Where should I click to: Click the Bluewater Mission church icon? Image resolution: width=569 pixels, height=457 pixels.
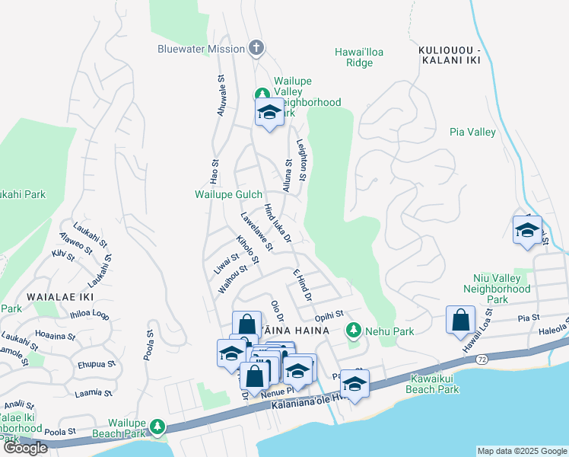point(256,49)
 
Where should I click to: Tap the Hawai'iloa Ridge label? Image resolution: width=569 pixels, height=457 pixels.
point(354,57)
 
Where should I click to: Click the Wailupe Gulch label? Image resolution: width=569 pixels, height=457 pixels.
point(228,195)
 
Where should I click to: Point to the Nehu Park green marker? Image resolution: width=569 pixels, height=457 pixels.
point(353,331)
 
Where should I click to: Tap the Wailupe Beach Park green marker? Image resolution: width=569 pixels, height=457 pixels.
point(157,427)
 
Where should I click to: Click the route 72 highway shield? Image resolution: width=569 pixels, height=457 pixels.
point(483,357)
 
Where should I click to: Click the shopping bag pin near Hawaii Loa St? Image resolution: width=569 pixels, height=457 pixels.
point(461,321)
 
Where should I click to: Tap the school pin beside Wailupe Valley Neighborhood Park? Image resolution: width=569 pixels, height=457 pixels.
point(269,113)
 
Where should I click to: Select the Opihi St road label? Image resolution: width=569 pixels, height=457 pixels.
point(329,314)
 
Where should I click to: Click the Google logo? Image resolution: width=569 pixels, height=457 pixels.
point(24,448)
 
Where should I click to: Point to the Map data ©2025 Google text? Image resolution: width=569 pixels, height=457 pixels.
point(521,451)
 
